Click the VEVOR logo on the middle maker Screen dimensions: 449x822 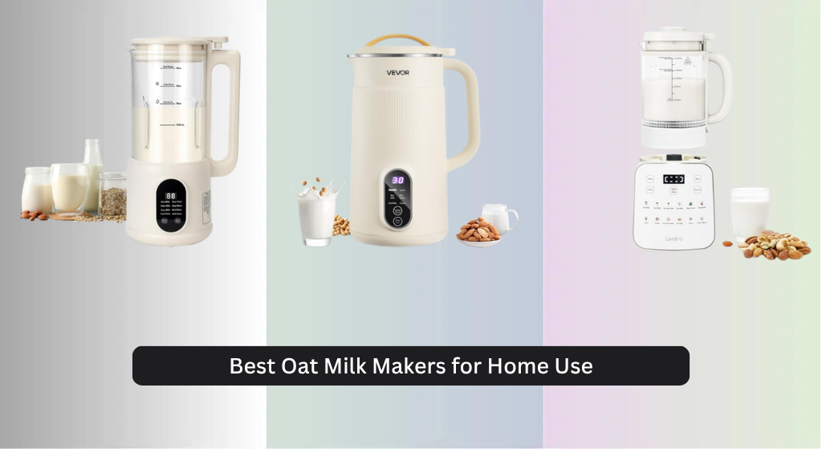coord(397,73)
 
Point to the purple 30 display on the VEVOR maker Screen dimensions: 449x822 coord(397,180)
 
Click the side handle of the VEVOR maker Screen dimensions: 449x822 coord(466,112)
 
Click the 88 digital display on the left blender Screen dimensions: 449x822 coord(171,196)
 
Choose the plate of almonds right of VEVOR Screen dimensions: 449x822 coord(478,232)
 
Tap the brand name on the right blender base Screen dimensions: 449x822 coord(673,238)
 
